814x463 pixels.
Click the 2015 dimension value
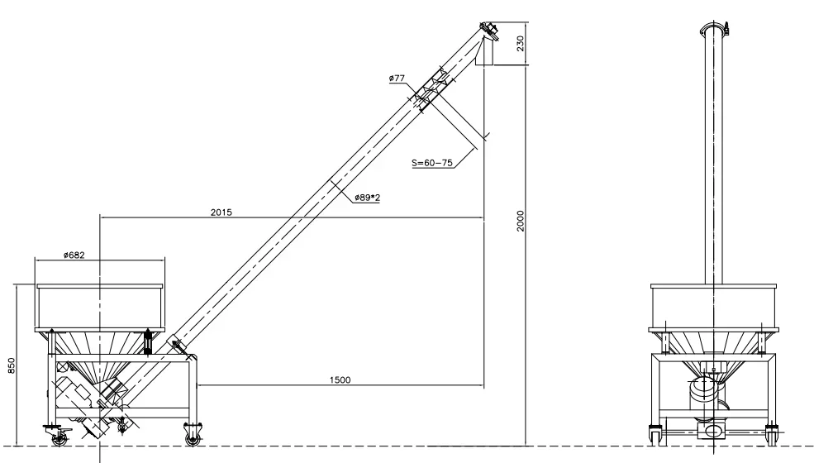pos(221,212)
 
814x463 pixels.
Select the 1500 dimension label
pos(340,380)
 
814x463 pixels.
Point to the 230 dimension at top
pos(521,43)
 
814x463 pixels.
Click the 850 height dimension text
pos(11,365)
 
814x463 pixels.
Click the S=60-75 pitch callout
pos(431,164)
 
